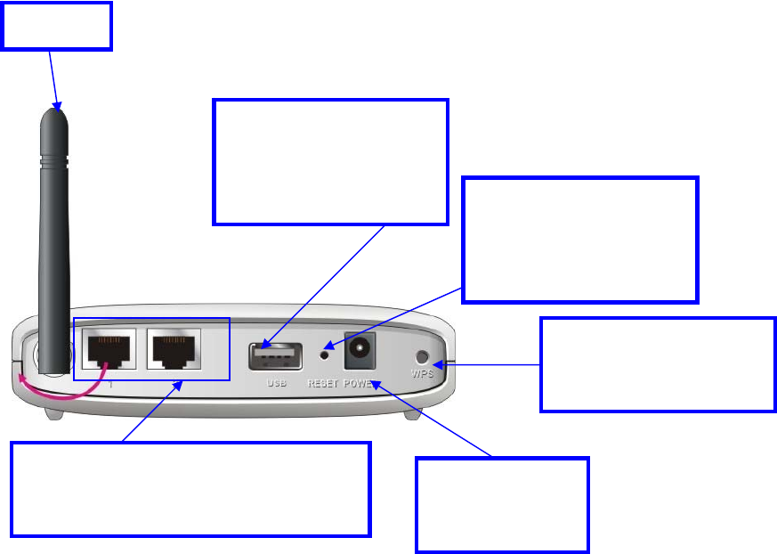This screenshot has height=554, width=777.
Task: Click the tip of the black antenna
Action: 56,111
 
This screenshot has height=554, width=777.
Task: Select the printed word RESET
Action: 323,384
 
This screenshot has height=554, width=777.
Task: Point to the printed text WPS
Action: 424,374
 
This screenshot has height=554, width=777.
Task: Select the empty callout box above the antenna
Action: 57,26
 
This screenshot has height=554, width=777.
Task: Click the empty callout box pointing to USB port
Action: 330,161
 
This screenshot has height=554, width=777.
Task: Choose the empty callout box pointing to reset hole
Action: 581,239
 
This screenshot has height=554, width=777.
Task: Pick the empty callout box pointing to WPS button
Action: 658,363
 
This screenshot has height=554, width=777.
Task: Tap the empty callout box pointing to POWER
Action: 502,505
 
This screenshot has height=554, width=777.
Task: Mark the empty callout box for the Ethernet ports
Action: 190,489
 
